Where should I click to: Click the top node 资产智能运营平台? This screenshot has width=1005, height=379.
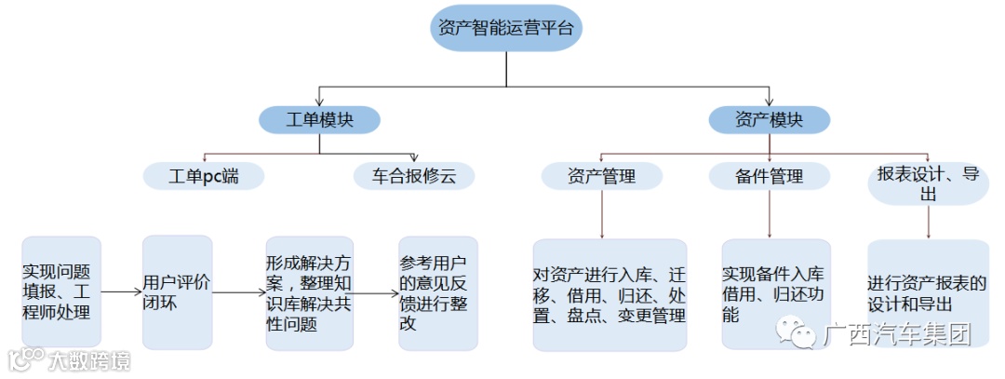(506, 28)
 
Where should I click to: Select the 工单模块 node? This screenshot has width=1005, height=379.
(319, 119)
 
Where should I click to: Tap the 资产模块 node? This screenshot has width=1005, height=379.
(769, 119)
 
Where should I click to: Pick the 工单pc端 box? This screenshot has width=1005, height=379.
(204, 175)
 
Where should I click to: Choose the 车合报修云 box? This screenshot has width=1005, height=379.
(414, 175)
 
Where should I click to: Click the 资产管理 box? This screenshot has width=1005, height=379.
(601, 175)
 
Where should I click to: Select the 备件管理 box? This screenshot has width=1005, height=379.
(769, 175)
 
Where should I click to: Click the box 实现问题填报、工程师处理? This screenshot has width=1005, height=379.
(60, 291)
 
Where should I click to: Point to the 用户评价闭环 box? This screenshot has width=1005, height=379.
(177, 291)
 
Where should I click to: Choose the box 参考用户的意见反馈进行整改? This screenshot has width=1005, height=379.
(437, 292)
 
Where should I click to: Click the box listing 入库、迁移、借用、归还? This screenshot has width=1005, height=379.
(610, 294)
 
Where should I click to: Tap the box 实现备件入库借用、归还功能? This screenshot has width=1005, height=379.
(775, 294)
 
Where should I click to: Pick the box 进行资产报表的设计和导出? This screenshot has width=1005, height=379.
(927, 294)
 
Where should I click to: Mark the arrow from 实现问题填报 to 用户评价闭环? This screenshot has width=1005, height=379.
(121, 292)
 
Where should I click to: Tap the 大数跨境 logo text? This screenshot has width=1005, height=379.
(88, 359)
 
